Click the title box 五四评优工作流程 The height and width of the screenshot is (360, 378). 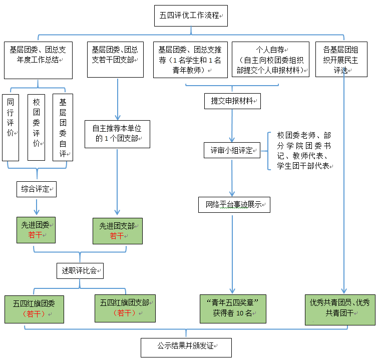pos(190,16)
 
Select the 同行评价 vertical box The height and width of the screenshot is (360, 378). pos(11,127)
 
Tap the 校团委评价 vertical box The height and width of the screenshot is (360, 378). pos(36,127)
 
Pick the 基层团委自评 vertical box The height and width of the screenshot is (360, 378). pos(63,127)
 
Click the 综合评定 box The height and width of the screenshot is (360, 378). pos(36,189)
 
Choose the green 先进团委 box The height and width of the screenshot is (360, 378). pos(36,230)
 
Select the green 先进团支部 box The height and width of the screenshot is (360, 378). pos(117,230)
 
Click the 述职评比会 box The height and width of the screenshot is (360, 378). pos(79,271)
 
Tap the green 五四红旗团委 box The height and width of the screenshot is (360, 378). pos(35,308)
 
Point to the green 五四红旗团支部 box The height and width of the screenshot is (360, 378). pos(125,308)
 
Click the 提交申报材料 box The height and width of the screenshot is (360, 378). pos(232,101)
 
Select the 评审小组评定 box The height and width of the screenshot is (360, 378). pos(232,150)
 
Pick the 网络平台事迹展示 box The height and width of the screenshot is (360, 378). pos(234,205)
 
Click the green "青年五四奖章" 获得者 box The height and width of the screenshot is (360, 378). pos(232,308)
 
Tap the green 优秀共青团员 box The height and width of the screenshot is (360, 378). pos(340,308)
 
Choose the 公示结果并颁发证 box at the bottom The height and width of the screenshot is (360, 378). pos(186,346)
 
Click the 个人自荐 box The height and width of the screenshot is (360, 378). pos(270,60)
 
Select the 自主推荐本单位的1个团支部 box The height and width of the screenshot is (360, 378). pos(117,133)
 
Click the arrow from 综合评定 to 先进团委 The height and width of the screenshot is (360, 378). pos(36,206)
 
